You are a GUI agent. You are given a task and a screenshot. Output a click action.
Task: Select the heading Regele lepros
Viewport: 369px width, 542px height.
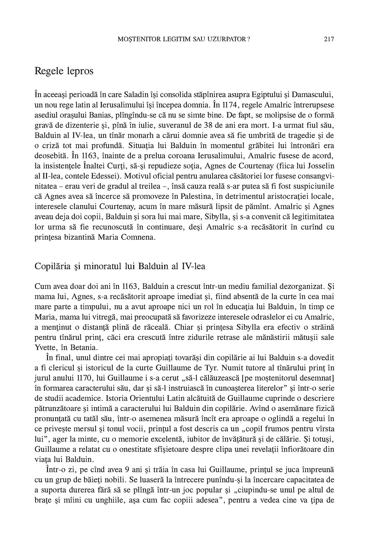[64, 71]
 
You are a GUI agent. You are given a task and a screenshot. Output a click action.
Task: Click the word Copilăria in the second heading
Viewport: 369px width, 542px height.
[53, 266]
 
